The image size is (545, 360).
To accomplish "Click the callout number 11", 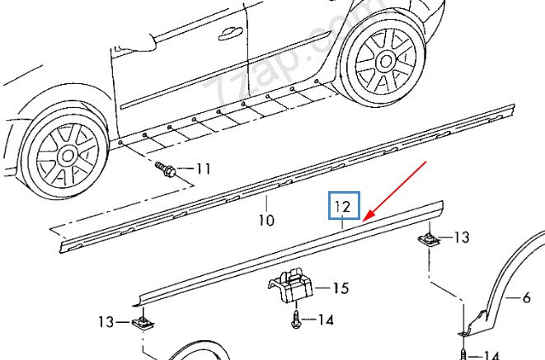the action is point(204,169).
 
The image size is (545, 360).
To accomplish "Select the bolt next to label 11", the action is point(165,169).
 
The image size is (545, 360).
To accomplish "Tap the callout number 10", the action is point(266,220).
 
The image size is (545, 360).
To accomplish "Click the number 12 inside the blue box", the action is point(343,207).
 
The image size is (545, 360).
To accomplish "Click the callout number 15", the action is point(341,288).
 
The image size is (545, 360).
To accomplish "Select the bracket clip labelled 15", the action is point(290,285).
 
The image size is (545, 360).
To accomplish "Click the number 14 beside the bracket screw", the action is point(326,320).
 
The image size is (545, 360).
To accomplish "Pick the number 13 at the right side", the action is point(462,237).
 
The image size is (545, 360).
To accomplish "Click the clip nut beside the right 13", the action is point(429,239).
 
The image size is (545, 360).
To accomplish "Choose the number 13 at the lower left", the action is point(106,322).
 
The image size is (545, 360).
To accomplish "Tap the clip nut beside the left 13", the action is point(143,324).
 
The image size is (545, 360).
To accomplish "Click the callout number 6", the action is point(526,298).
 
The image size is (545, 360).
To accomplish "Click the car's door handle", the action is point(231,33).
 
